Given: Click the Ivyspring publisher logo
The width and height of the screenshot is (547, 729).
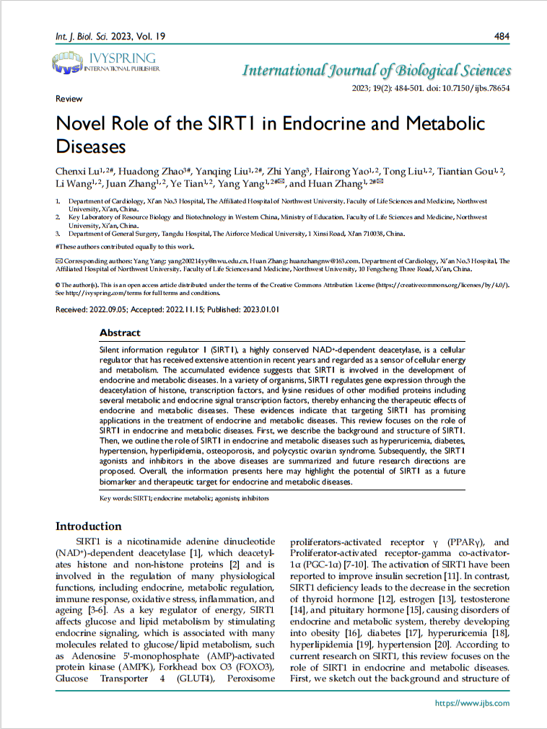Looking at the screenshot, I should pos(105,63).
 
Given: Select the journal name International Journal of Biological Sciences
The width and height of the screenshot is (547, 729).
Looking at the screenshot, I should pos(376,71).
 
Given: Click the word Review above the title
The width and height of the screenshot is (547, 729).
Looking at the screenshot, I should pos(69,99).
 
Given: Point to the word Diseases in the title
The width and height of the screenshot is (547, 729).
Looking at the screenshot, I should pos(91,146).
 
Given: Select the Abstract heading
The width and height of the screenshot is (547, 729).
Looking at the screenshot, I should pos(120,333).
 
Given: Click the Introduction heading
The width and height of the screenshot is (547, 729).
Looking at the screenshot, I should pos(89,526).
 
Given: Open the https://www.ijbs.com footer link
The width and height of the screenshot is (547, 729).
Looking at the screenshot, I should pos(472,703).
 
